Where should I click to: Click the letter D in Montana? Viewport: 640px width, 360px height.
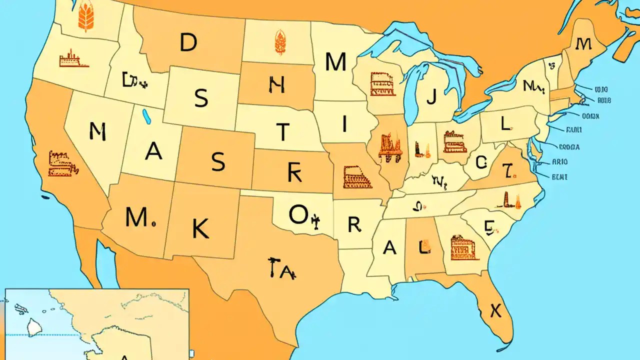click(x=188, y=43)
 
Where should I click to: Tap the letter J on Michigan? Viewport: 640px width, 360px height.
click(x=431, y=96)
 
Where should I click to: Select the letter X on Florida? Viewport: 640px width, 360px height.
click(x=495, y=311)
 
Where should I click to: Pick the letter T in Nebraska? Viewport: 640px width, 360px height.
click(x=283, y=131)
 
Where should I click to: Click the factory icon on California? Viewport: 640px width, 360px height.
click(x=62, y=164)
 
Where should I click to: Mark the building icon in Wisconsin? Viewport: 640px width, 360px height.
click(x=382, y=84)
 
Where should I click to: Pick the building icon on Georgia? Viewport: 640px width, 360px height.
click(x=464, y=247)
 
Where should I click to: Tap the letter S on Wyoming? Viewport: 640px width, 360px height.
click(x=201, y=99)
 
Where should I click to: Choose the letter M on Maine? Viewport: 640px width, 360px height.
click(x=583, y=44)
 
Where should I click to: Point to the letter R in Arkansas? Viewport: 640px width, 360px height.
click(x=354, y=225)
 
